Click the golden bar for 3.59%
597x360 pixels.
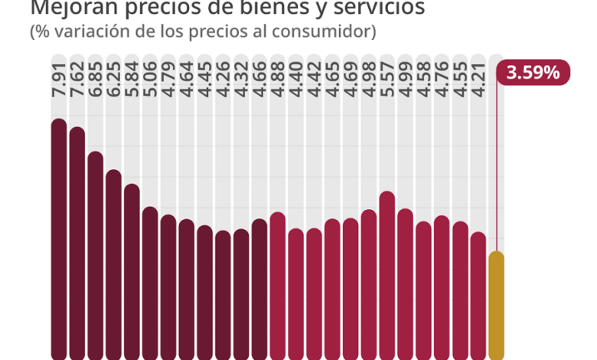497,306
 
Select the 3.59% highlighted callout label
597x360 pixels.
533,74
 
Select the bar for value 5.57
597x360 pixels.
387,275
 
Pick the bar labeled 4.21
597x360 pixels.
478,295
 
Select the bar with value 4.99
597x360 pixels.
405,283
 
